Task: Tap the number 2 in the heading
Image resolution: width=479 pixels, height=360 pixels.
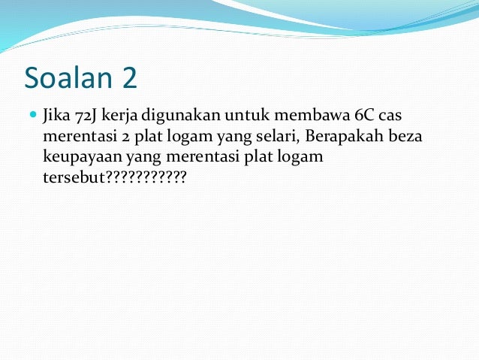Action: coord(127,77)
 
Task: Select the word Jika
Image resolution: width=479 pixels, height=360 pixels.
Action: coord(57,117)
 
